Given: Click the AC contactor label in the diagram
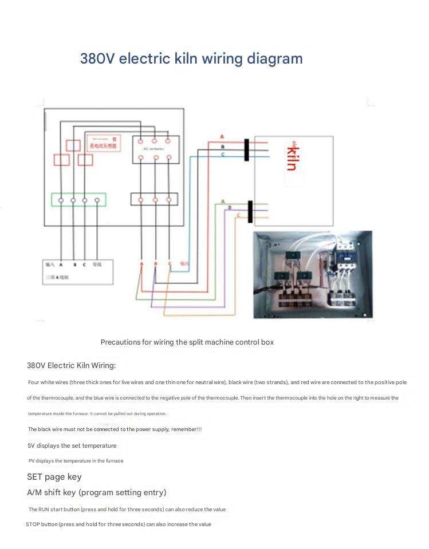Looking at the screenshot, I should (x=154, y=149).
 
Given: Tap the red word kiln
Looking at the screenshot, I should (x=292, y=158).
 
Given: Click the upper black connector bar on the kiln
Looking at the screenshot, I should (x=246, y=149).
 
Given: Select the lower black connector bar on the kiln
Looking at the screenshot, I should (x=250, y=211).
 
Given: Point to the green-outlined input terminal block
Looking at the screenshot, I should (x=78, y=200).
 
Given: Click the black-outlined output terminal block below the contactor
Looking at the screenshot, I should (x=155, y=199).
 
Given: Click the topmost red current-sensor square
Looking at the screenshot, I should (x=73, y=145).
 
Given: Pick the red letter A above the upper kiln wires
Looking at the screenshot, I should (x=222, y=137).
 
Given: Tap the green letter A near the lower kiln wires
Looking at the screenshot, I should (x=222, y=200).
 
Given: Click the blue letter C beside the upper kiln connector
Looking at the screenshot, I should (x=222, y=155).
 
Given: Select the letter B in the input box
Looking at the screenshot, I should (x=74, y=264).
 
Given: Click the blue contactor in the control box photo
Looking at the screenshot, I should (x=345, y=257).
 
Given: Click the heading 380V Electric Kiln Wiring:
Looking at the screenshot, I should (x=71, y=365).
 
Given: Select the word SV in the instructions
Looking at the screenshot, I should (x=32, y=445).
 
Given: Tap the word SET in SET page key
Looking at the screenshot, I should (x=34, y=477).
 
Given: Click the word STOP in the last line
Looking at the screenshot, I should (x=33, y=524).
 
